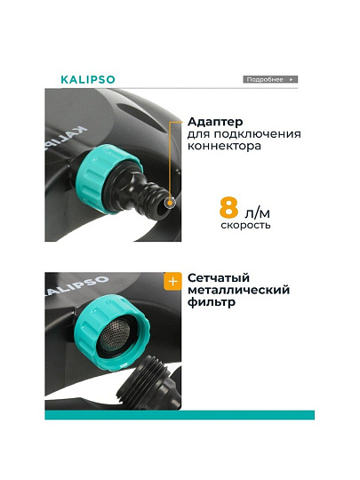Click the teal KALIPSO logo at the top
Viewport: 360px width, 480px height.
[x=88, y=80]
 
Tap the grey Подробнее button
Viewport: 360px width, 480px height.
[x=270, y=80]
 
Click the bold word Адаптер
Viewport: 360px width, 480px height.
[x=215, y=122]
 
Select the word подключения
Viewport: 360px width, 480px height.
[x=258, y=134]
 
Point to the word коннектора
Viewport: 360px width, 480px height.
[x=224, y=146]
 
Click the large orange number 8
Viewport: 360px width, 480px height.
[x=228, y=207]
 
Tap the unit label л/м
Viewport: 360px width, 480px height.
[x=257, y=212]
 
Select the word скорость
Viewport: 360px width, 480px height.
[x=246, y=225]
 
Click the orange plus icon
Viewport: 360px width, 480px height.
[x=172, y=281]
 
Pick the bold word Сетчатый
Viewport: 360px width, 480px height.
[x=219, y=278]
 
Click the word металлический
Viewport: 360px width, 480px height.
[x=239, y=290]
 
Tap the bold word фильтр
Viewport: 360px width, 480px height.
[x=212, y=302]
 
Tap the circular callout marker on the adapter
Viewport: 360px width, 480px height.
[x=170, y=203]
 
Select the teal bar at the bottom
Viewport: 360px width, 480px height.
[x=180, y=415]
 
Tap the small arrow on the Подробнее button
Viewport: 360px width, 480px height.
[x=292, y=80]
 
